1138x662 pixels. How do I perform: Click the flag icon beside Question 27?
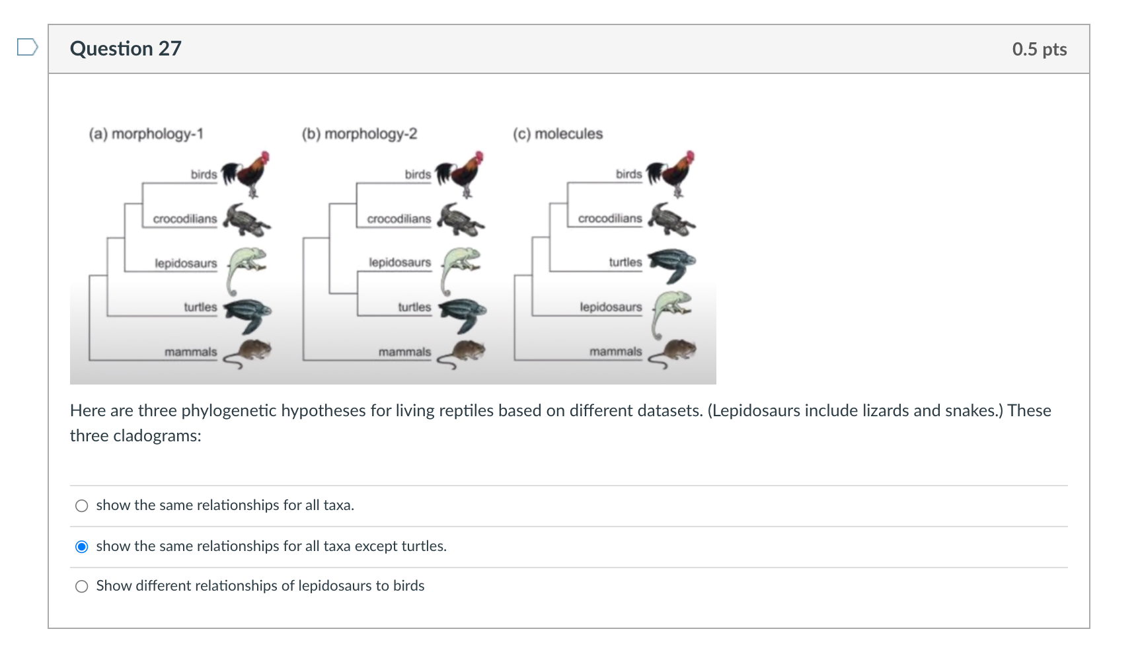[x=27, y=47]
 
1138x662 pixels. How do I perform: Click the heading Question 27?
[x=126, y=49]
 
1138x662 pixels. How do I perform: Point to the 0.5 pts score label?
[x=1039, y=50]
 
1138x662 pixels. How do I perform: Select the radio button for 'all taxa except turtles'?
[x=82, y=546]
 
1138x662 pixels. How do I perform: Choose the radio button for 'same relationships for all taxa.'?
[x=82, y=506]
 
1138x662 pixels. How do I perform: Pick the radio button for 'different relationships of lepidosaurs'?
[x=82, y=587]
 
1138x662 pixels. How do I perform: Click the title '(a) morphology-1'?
[x=146, y=134]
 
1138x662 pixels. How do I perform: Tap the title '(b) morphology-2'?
[x=360, y=134]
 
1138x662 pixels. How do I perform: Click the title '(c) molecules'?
[x=558, y=134]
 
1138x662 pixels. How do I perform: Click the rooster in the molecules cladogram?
[x=671, y=174]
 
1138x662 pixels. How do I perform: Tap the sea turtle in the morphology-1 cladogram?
[x=247, y=314]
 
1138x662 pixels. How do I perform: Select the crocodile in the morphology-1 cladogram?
[x=247, y=219]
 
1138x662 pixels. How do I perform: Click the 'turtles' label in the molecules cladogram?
[x=625, y=262]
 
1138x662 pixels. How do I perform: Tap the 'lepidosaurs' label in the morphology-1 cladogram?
[x=186, y=263]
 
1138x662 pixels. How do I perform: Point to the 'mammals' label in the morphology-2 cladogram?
[x=404, y=352]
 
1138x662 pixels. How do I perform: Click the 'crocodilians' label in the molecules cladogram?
[x=610, y=219]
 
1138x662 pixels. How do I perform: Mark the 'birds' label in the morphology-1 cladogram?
[x=204, y=174]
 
